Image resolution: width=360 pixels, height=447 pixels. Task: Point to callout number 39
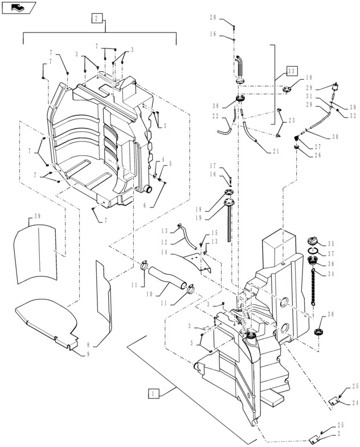click(x=37, y=217)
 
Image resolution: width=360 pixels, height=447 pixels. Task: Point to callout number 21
click(x=276, y=152)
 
